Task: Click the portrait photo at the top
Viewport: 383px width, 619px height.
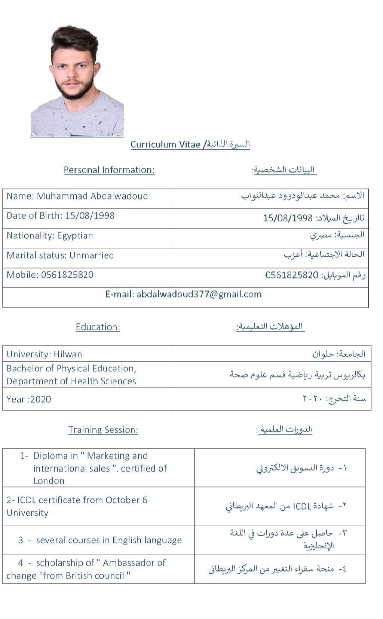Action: (x=77, y=81)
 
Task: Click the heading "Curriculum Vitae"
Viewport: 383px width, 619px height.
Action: (x=165, y=144)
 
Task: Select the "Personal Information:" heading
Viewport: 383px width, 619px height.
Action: (x=109, y=170)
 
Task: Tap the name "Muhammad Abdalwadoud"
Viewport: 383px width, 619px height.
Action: (x=92, y=196)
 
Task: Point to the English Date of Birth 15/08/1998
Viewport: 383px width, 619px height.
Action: (x=89, y=216)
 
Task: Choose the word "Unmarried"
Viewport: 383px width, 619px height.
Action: (x=91, y=256)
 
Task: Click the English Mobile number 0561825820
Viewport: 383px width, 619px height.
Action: (x=67, y=275)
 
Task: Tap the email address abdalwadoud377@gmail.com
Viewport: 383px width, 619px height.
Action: (x=199, y=294)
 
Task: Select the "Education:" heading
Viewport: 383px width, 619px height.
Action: (x=98, y=327)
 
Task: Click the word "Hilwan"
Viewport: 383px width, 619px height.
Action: (x=68, y=354)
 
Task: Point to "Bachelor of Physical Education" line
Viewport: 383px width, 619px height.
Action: (x=71, y=369)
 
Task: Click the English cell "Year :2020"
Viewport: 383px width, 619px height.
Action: (x=29, y=399)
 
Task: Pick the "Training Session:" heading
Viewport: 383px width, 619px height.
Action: (x=103, y=430)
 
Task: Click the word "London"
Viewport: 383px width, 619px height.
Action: (x=49, y=481)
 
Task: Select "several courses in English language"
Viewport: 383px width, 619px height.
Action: (x=109, y=540)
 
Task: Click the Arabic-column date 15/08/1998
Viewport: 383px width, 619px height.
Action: (x=288, y=218)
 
